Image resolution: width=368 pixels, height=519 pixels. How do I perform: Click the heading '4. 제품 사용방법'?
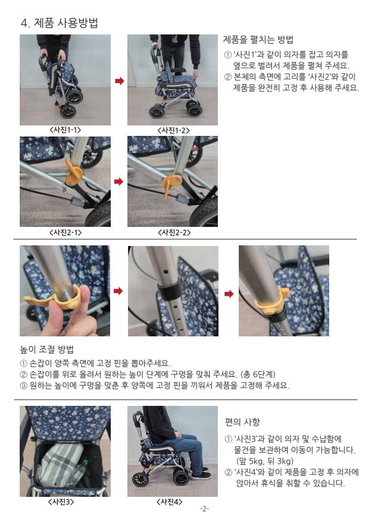pyautogui.click(x=59, y=23)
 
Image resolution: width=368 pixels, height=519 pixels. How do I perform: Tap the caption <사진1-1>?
pyautogui.click(x=65, y=130)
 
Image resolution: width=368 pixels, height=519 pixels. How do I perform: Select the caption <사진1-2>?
pyautogui.click(x=174, y=130)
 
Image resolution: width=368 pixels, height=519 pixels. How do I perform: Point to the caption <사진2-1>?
pyautogui.click(x=65, y=232)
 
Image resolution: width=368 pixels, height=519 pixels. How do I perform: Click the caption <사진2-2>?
pyautogui.click(x=174, y=232)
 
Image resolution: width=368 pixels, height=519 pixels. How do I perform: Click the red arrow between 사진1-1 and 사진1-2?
pyautogui.click(x=119, y=81)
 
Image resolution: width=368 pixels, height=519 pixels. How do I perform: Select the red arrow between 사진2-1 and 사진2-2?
pyautogui.click(x=119, y=181)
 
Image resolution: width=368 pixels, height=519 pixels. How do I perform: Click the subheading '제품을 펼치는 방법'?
pyautogui.click(x=258, y=40)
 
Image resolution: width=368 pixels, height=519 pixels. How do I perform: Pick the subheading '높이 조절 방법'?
pyautogui.click(x=47, y=349)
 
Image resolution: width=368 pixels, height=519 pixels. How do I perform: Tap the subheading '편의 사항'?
pyautogui.click(x=242, y=422)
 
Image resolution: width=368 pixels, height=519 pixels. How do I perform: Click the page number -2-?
pyautogui.click(x=205, y=509)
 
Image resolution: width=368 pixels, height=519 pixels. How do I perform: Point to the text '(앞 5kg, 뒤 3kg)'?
pyautogui.click(x=265, y=461)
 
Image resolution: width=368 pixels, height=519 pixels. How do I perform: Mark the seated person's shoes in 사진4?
pyautogui.click(x=201, y=474)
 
